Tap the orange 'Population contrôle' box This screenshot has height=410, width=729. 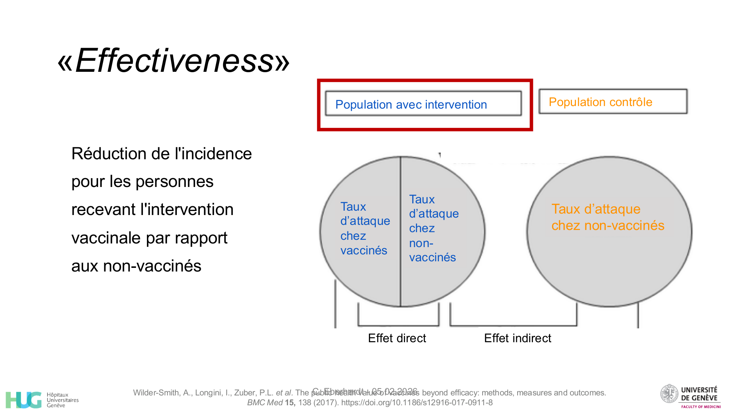point(613,102)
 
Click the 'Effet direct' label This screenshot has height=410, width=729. point(397,338)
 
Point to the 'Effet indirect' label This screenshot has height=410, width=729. point(518,338)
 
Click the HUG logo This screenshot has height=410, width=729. point(24,400)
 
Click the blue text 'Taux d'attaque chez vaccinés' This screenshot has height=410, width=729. point(365,229)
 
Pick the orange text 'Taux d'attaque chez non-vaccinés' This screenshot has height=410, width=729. point(608,217)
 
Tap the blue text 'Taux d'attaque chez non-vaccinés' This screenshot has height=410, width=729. point(433,229)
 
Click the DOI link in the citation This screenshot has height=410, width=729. point(417,403)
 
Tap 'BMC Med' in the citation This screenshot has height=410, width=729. point(265,403)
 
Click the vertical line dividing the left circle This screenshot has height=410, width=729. point(401,232)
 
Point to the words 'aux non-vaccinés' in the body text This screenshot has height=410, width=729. point(136,266)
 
